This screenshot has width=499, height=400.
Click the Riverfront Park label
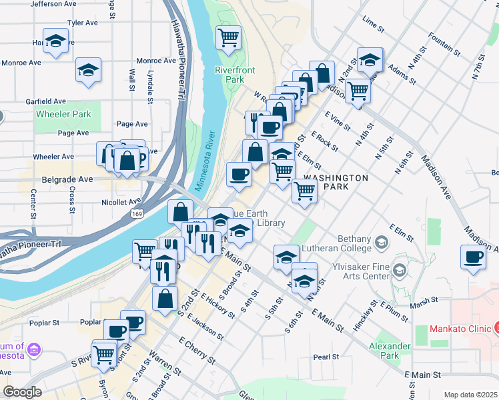(x=230, y=74)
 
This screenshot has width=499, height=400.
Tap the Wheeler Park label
(x=63, y=114)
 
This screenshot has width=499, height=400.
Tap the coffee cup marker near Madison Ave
(x=474, y=257)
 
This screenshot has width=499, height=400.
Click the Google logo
(x=22, y=392)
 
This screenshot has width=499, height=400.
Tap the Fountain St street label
(x=445, y=45)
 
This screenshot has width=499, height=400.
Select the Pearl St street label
(x=326, y=357)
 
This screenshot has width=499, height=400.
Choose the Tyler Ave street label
(x=83, y=23)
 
